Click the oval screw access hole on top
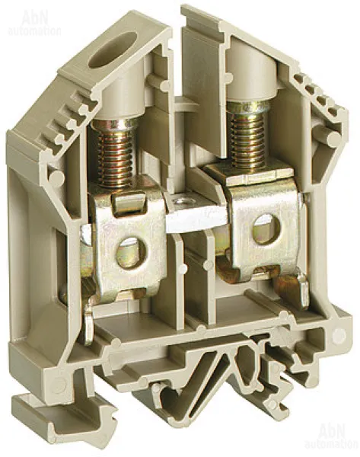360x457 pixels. click(112, 50)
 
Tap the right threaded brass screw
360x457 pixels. click(247, 135)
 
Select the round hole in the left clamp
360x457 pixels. click(130, 252)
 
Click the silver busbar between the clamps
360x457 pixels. click(196, 213)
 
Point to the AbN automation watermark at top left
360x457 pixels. click(34, 24)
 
